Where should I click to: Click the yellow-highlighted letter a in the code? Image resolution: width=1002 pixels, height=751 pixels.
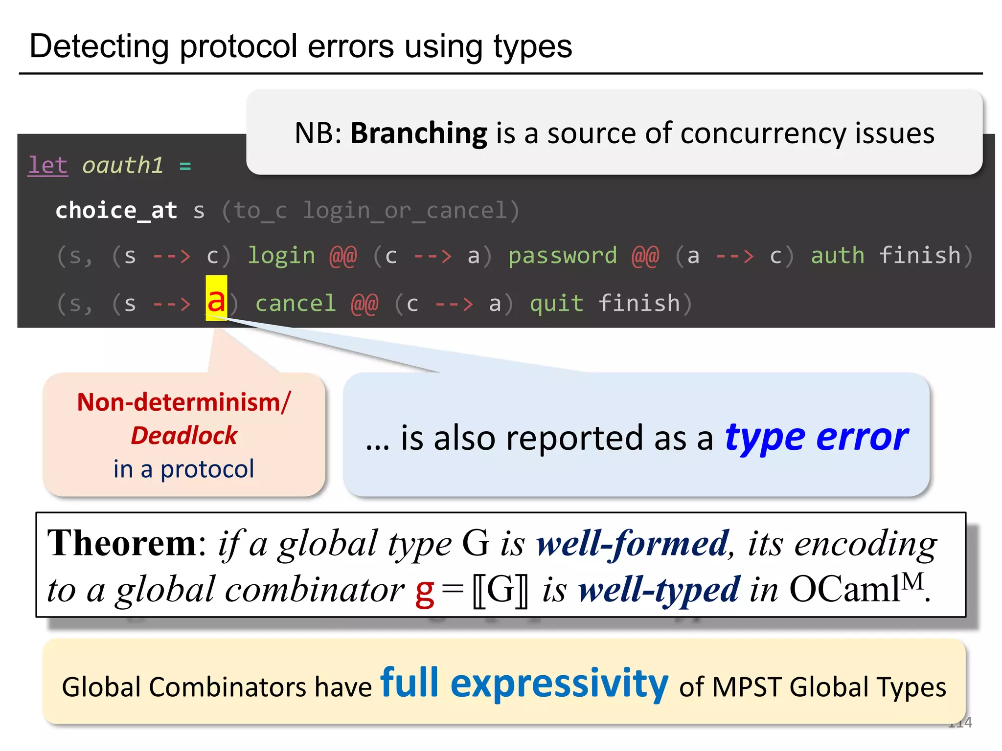[x=216, y=299]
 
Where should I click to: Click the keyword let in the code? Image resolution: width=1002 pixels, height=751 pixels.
[x=47, y=165]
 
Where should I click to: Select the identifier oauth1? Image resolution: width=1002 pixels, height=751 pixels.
[x=122, y=165]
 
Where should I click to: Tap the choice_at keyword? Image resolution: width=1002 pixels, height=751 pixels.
[x=116, y=211]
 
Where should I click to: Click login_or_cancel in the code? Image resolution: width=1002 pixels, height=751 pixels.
[x=405, y=211]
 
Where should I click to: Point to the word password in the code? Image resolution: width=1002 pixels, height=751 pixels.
[x=563, y=256]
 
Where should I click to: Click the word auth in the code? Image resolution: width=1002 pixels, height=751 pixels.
[x=837, y=256]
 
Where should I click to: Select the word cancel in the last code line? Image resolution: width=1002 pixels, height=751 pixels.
[x=296, y=304]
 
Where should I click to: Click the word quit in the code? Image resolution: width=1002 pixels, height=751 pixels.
[x=556, y=304]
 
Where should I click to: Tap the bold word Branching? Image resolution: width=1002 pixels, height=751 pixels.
[x=419, y=133]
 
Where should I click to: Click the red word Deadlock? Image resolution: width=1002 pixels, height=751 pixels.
[x=184, y=436]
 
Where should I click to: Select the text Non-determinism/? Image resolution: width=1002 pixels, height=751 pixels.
[x=184, y=402]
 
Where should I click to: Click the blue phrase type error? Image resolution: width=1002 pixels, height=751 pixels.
[x=816, y=438]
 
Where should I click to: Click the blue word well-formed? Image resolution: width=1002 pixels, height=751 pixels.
[x=633, y=543]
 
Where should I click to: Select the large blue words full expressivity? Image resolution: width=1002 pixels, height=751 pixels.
[x=524, y=683]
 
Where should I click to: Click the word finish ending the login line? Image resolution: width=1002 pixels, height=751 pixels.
[x=919, y=256]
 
